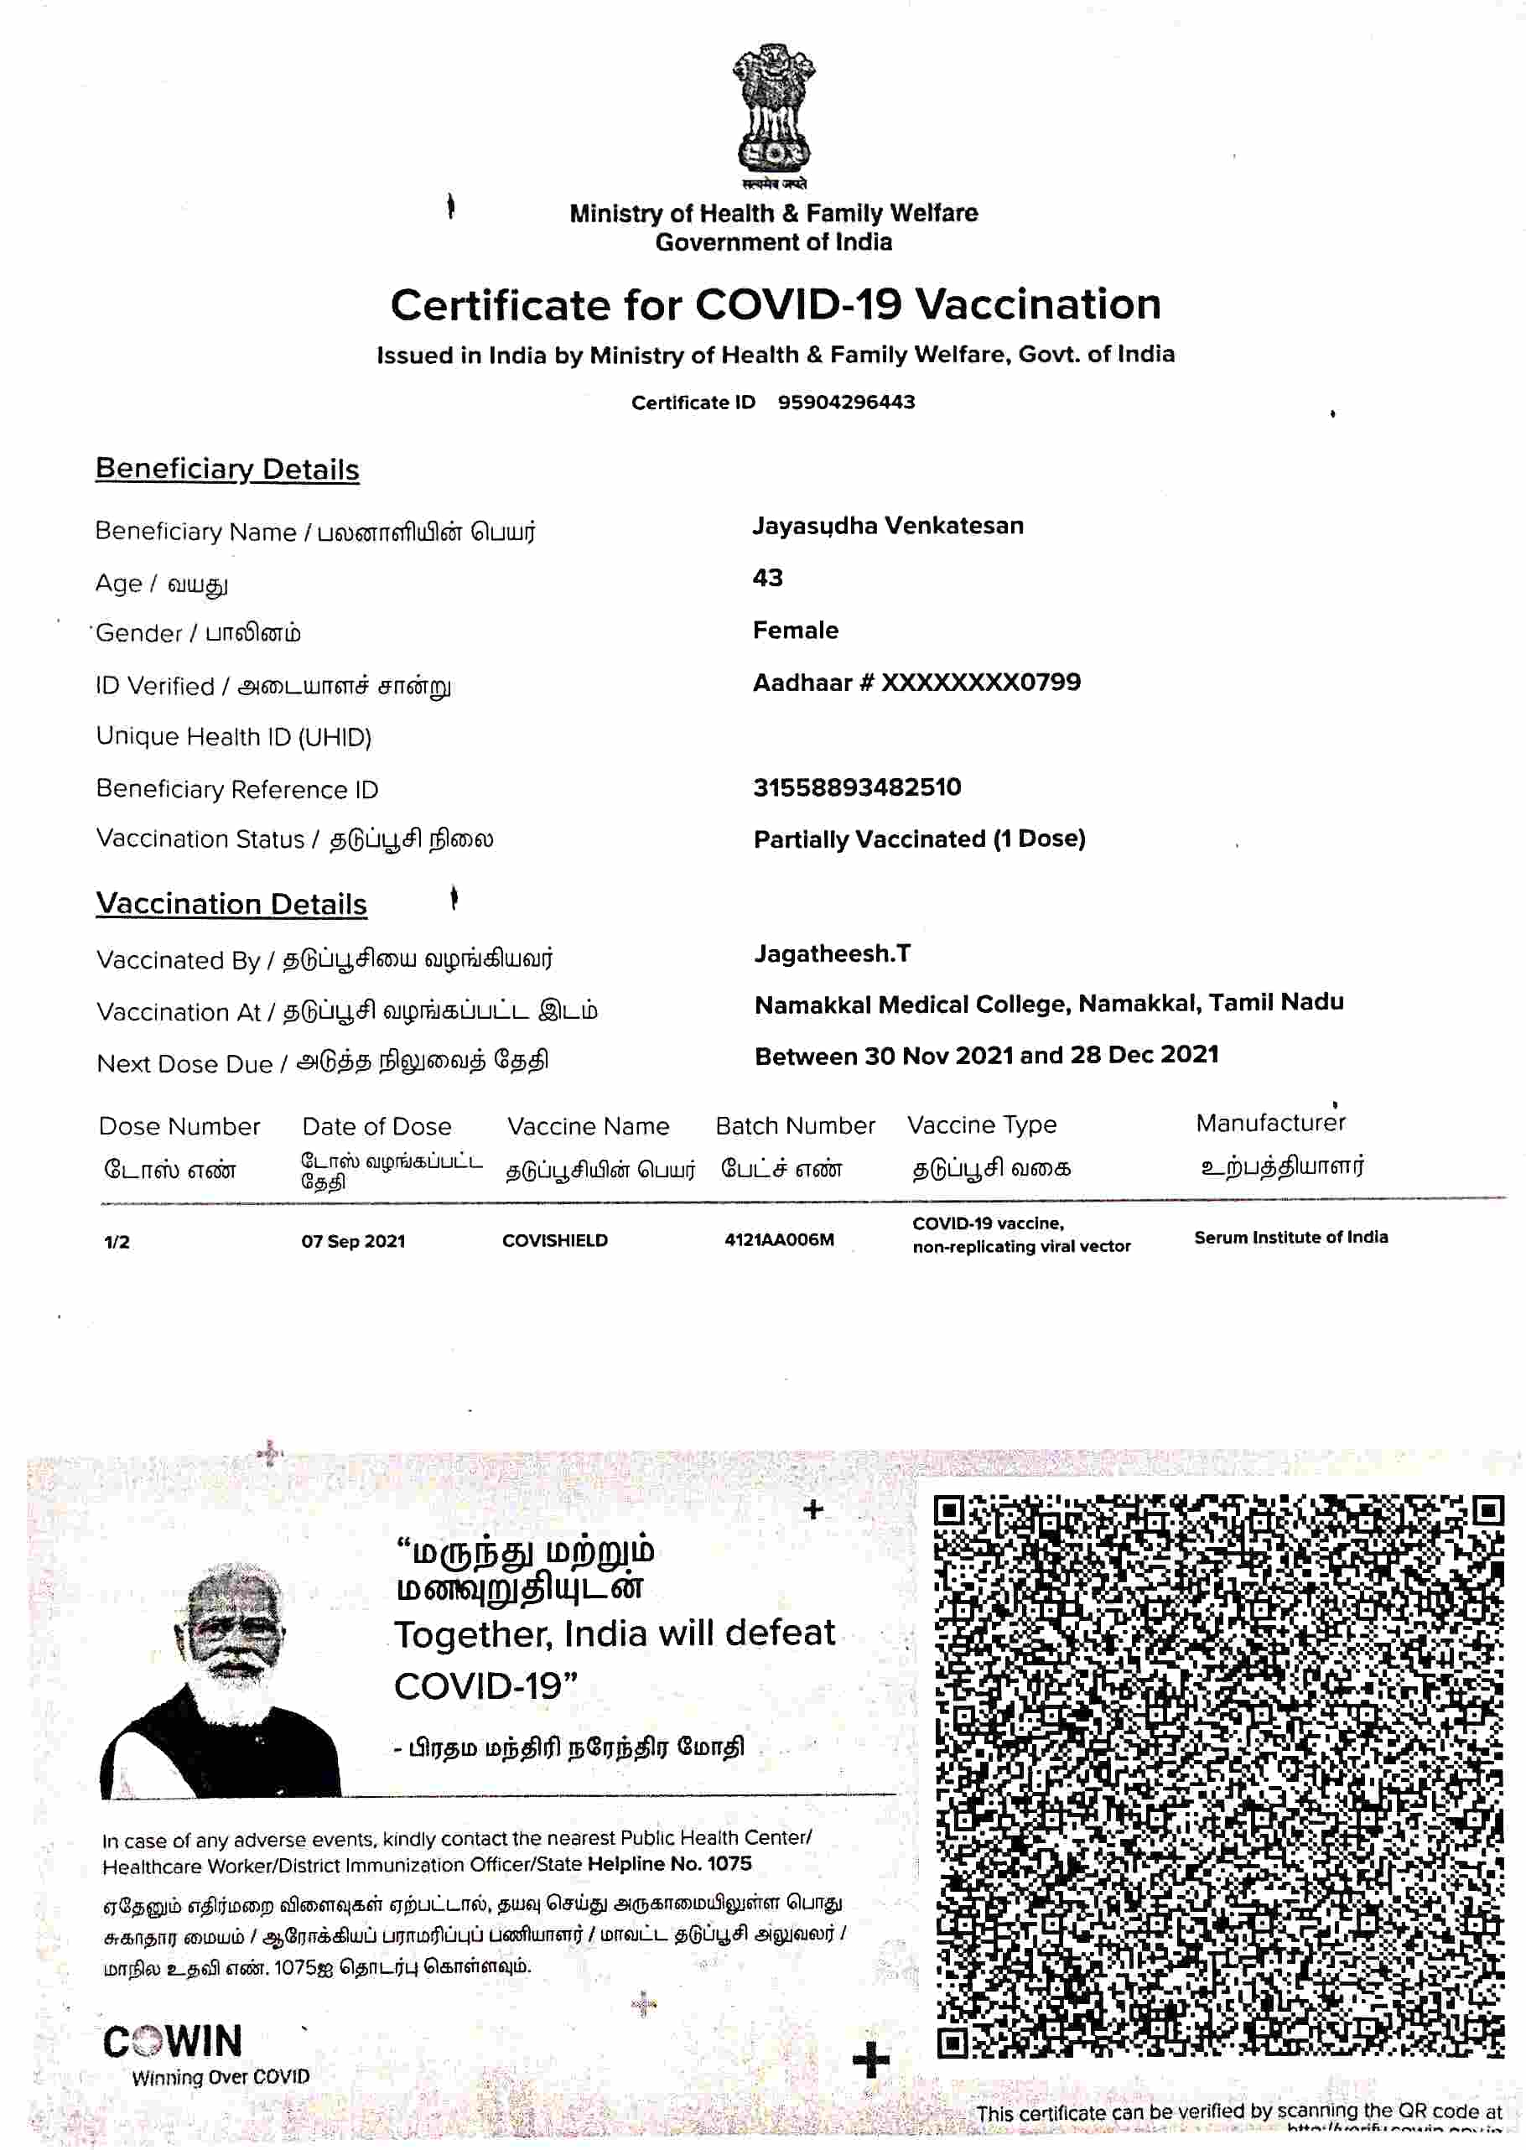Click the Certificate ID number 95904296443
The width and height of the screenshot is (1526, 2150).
coord(846,402)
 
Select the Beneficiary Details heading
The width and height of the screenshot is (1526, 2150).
coord(227,469)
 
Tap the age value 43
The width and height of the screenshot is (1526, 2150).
coord(768,578)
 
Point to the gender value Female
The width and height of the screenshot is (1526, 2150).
coord(795,631)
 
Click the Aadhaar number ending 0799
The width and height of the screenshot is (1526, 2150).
coord(916,683)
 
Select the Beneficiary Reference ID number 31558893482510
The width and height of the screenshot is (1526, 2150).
coord(857,787)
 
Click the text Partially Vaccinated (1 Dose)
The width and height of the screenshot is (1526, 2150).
coord(919,839)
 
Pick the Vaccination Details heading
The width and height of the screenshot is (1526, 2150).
coord(231,904)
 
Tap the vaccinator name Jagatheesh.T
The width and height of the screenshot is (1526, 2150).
coord(832,953)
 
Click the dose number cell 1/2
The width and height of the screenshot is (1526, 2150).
coord(117,1242)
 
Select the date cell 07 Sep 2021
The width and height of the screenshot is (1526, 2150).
coord(352,1241)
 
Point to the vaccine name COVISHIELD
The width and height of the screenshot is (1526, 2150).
coord(554,1240)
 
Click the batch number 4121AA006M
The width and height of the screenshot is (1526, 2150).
coord(779,1240)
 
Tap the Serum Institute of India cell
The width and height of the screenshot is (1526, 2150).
coord(1290,1238)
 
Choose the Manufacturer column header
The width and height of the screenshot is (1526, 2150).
coord(1270,1123)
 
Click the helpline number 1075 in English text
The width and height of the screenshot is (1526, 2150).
coord(729,1863)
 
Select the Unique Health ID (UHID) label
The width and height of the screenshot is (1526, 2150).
coord(234,737)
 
